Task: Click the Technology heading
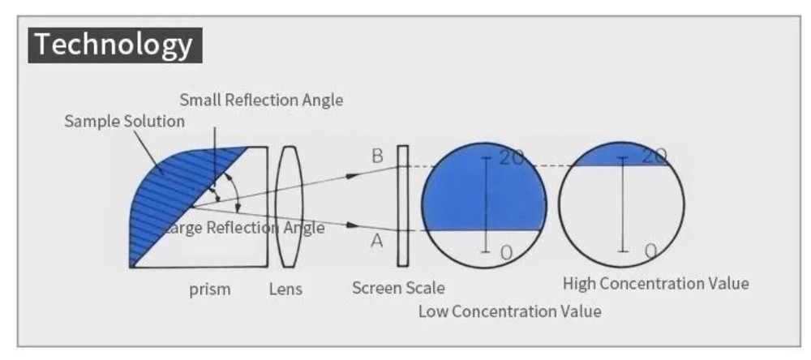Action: (x=114, y=45)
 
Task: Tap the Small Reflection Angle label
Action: (x=261, y=101)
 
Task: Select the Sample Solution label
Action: (x=124, y=122)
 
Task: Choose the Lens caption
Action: (x=285, y=289)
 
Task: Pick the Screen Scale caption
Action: (x=398, y=288)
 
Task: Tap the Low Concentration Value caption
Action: (x=509, y=311)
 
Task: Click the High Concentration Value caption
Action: (x=655, y=284)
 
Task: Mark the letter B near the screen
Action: (x=376, y=156)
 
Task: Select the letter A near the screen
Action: (x=376, y=241)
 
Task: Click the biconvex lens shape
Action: (x=287, y=206)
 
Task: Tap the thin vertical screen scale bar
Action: (x=402, y=206)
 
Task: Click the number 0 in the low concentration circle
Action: (x=506, y=253)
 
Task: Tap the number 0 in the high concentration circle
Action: (x=650, y=251)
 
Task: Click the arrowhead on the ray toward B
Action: (x=350, y=174)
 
